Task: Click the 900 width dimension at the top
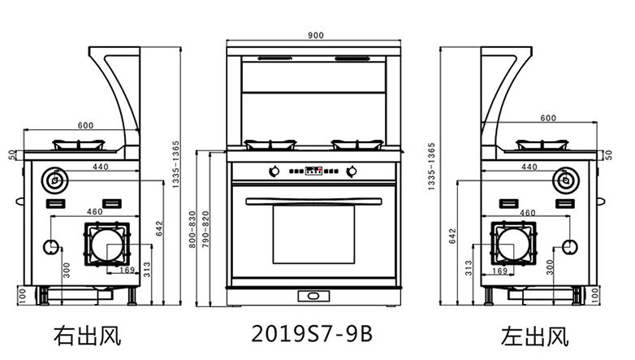coord(316,35)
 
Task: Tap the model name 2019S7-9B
coord(312,334)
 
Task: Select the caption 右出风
coord(88,336)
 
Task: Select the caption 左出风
coord(534,336)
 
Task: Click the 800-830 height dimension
coord(192,229)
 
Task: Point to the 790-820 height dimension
coord(205,229)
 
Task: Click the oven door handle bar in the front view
coord(314,201)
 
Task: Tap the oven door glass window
coord(313,234)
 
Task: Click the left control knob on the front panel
coord(274,171)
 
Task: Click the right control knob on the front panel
coord(352,171)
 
